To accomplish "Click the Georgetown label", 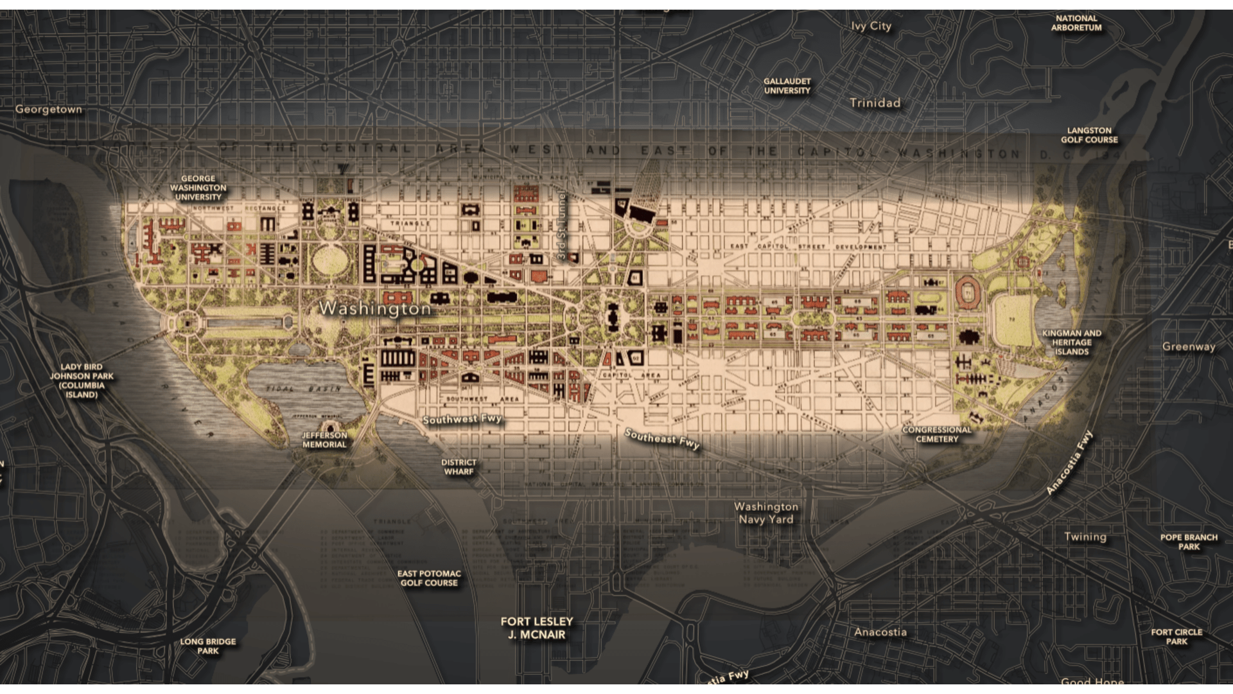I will (x=49, y=109).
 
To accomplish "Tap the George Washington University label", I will (x=198, y=188).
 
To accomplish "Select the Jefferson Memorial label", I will (x=324, y=440).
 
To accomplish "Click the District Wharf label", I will (x=459, y=467).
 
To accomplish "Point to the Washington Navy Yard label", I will (x=766, y=513).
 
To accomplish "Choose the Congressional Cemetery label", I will (x=936, y=434).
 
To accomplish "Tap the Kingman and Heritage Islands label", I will (x=1071, y=343).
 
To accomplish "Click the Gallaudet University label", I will (x=787, y=86).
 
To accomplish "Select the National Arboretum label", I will (x=1076, y=23).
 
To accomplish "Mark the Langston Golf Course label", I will (x=1089, y=135).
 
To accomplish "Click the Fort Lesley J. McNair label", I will (x=537, y=628).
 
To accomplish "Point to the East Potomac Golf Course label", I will (x=429, y=578).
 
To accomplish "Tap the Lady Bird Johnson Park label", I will (x=82, y=380).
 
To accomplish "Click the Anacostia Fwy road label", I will (x=1069, y=463).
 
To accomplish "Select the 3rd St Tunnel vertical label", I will (x=562, y=225).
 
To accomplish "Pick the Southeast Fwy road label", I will (x=662, y=439).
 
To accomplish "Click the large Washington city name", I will (x=375, y=308).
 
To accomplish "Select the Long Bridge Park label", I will (x=207, y=646).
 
